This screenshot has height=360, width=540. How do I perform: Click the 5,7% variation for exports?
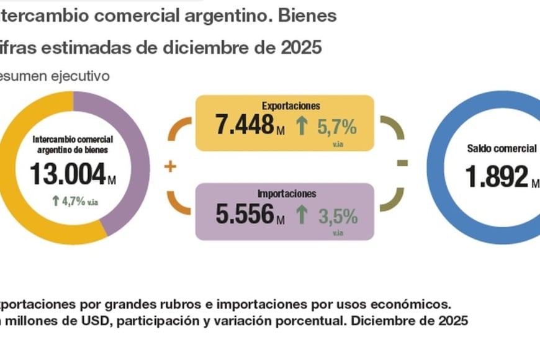(x=336, y=128)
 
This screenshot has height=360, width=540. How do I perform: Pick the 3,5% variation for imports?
(x=336, y=217)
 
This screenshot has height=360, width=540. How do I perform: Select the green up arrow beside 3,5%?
(x=302, y=215)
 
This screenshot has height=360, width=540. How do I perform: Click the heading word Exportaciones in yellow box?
(x=285, y=106)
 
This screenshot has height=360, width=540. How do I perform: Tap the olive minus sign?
(x=402, y=163)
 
